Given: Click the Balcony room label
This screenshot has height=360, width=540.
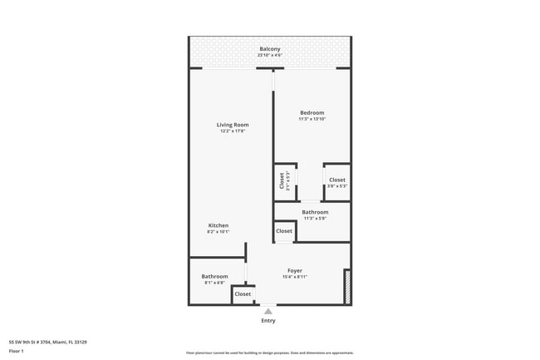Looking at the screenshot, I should (269, 49).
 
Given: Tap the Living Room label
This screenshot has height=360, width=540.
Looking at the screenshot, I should (233, 125).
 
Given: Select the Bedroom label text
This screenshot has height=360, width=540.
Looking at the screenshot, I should (312, 112).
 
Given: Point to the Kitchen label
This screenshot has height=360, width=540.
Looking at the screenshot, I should (218, 225).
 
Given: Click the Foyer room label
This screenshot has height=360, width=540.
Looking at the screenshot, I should (295, 270).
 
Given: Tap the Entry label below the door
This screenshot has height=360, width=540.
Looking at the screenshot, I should (268, 320).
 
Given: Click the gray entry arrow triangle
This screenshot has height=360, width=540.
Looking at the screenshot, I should (268, 311).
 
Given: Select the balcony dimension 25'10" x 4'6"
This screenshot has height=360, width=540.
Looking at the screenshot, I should (269, 56).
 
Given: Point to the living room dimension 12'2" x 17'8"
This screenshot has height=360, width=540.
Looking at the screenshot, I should (233, 131).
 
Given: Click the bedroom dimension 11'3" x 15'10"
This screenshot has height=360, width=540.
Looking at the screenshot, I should (312, 119).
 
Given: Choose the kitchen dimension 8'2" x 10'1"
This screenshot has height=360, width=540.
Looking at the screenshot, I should (218, 232).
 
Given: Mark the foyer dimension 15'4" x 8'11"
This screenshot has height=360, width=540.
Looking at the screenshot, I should (295, 277).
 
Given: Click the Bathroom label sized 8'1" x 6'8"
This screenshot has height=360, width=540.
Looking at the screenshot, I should (214, 276).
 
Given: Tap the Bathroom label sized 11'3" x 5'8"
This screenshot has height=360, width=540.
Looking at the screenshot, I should (315, 212).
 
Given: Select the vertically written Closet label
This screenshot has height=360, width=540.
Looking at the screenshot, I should (282, 180).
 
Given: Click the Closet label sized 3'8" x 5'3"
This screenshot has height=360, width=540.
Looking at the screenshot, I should (336, 180).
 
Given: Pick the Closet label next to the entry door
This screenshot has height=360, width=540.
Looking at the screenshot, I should (243, 293).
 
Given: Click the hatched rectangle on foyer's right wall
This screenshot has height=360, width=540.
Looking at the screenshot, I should (347, 286).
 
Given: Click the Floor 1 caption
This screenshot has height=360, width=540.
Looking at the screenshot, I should (17, 351).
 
